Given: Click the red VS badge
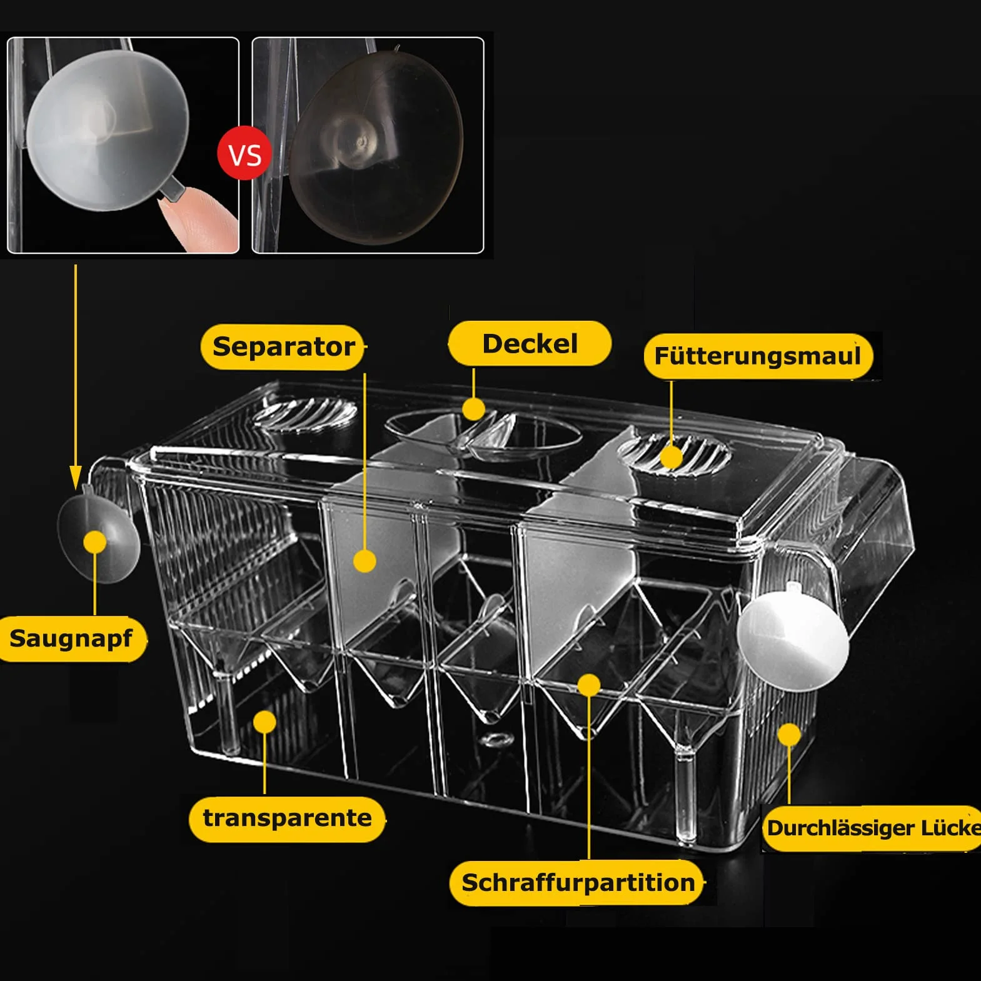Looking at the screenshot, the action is [244, 154].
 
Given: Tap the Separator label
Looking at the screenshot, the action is [283, 347].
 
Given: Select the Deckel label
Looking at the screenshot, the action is [530, 343].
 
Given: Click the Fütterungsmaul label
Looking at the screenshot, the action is [758, 356].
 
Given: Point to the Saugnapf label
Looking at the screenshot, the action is [72, 638].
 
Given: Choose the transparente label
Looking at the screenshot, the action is [286, 818].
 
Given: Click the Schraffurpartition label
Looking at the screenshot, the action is [578, 883].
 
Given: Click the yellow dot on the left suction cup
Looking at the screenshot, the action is [95, 542].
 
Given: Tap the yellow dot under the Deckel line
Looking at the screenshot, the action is [473, 409].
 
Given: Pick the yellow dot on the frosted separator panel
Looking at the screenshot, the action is [365, 561].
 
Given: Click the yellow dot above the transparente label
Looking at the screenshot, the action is [265, 722].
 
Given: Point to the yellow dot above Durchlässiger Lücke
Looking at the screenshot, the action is [790, 735].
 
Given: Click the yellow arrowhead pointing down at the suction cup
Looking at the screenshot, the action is [76, 476].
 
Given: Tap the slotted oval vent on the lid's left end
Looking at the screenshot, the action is [305, 412].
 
